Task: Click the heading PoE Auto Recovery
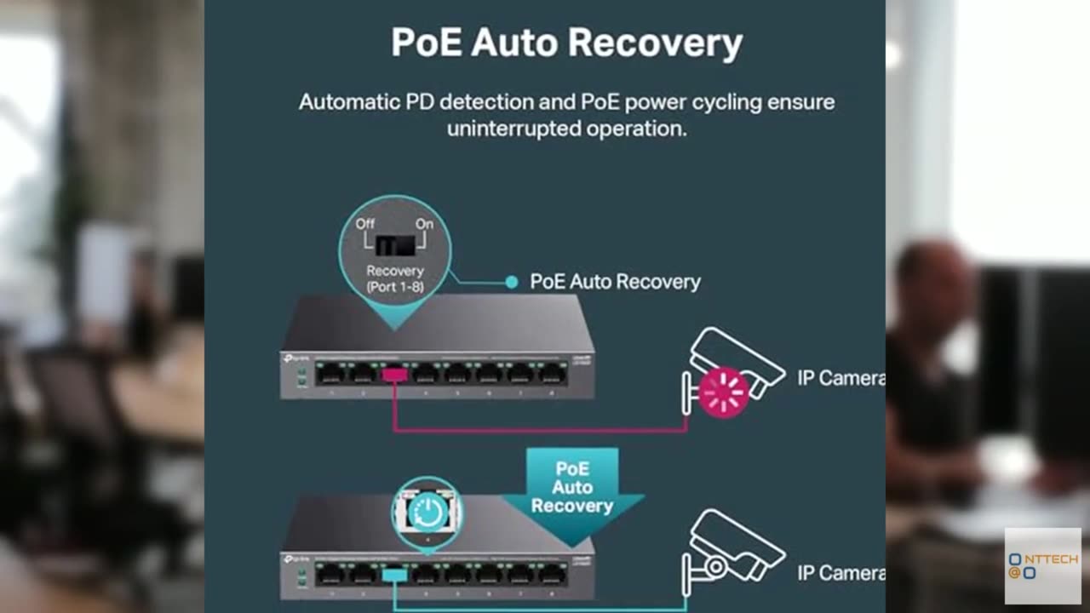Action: click(x=566, y=43)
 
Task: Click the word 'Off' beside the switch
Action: click(x=365, y=223)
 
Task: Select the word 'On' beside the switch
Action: click(x=424, y=223)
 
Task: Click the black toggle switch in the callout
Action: click(x=395, y=245)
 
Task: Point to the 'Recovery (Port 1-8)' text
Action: click(x=395, y=279)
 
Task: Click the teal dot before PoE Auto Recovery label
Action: click(x=511, y=282)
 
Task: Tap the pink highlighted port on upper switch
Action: click(x=394, y=374)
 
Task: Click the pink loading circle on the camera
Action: click(x=723, y=392)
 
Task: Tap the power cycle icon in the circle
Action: click(x=427, y=512)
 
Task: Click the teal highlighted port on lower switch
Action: click(x=394, y=575)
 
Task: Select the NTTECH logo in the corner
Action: click(x=1042, y=566)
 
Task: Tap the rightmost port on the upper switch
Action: click(x=553, y=374)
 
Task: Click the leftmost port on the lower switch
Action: click(x=330, y=575)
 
